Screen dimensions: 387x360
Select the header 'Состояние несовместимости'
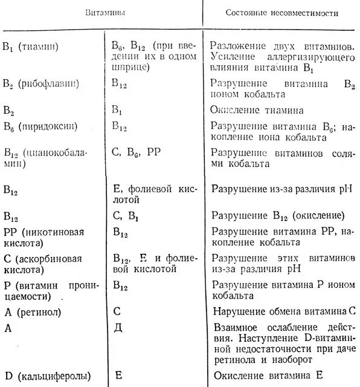[x=282, y=12]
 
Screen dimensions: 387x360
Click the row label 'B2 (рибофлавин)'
[x=42, y=83]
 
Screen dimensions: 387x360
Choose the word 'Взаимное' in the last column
[x=234, y=328]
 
